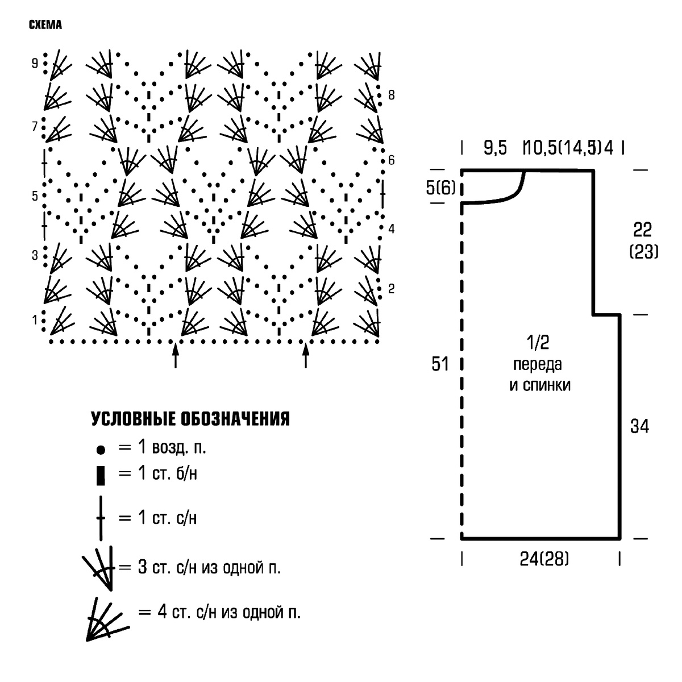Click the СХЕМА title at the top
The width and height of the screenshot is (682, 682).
(x=45, y=25)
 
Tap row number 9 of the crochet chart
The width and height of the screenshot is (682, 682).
(x=35, y=63)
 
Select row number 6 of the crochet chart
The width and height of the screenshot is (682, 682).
(x=391, y=160)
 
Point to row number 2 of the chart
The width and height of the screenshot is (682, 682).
(x=391, y=289)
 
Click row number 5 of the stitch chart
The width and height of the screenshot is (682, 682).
(x=35, y=196)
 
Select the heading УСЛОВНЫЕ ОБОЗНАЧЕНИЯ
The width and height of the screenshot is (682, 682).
(x=190, y=419)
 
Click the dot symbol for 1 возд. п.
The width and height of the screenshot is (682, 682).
(x=101, y=450)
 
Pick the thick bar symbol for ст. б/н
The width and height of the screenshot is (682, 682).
(x=101, y=475)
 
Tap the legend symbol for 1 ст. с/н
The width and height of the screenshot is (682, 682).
(x=101, y=518)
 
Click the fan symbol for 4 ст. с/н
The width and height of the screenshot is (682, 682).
(x=106, y=619)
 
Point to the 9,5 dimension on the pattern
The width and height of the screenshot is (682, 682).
(x=495, y=148)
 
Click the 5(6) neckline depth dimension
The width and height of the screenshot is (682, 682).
(x=440, y=188)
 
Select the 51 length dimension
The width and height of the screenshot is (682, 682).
(x=440, y=364)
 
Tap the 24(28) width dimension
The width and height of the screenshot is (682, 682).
(x=544, y=559)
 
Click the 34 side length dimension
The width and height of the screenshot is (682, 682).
(x=639, y=426)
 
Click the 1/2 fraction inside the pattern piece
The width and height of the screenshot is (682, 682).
(x=538, y=342)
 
